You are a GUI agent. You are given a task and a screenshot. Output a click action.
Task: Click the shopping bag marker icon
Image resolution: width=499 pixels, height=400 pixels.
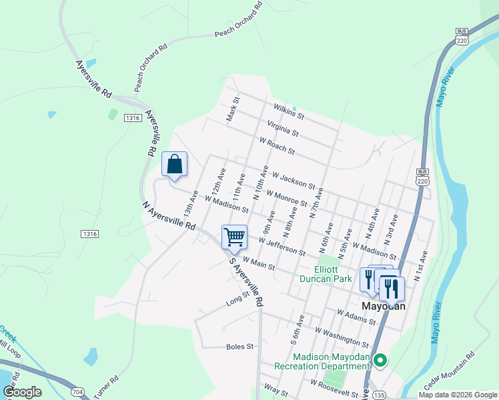coord(174,164)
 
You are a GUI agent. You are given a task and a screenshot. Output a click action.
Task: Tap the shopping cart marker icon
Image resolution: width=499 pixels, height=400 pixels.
coord(234,237)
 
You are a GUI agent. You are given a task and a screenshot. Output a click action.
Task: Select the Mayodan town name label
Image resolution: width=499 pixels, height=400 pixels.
coord(384,305)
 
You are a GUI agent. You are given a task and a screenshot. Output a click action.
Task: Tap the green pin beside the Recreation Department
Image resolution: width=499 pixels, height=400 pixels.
coord(380,361)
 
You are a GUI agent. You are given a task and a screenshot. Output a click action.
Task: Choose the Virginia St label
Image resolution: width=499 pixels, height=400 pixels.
coord(283,127)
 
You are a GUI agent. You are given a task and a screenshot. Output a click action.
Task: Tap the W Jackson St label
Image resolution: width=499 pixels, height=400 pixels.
coord(294,181)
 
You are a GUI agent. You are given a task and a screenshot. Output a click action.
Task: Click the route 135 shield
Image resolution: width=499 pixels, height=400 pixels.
coord(379,393)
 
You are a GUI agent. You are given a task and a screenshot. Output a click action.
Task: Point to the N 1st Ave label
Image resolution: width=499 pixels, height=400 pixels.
coord(422,266)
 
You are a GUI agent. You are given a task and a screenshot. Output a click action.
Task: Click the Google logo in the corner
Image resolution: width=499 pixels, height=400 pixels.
coord(22,392)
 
